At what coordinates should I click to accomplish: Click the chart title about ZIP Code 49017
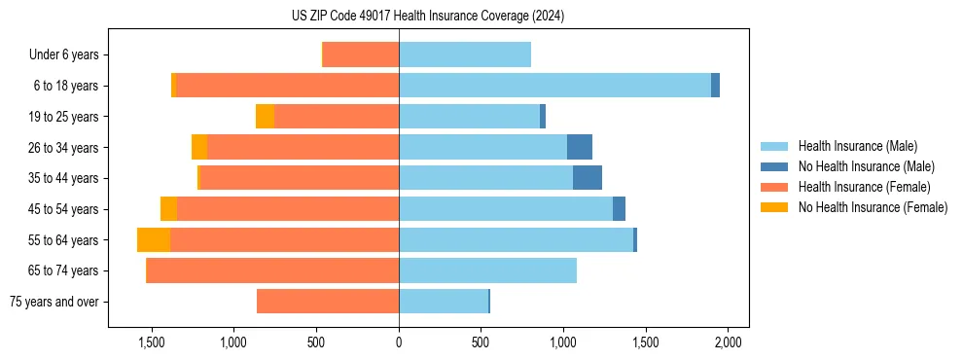click(x=428, y=16)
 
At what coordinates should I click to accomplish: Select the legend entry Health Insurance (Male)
click(x=857, y=146)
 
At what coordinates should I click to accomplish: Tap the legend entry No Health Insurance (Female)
click(x=873, y=207)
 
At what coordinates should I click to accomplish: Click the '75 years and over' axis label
click(x=53, y=302)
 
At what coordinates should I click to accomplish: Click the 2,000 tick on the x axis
click(x=729, y=342)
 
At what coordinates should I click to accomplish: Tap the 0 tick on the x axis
click(x=399, y=342)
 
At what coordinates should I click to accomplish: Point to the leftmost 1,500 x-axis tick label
click(x=152, y=342)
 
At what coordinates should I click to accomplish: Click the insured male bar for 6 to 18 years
click(x=554, y=86)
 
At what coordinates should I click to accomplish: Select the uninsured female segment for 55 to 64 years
click(x=154, y=240)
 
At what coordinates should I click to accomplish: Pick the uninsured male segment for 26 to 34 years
click(x=580, y=147)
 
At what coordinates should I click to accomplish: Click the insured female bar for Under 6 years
click(x=361, y=54)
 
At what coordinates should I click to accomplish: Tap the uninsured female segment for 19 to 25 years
click(x=265, y=117)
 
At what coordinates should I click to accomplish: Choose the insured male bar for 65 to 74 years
click(x=487, y=270)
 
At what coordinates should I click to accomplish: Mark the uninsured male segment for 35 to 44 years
click(x=588, y=178)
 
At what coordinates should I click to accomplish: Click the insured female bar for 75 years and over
click(x=328, y=302)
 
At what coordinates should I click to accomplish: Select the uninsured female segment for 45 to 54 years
click(x=168, y=209)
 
